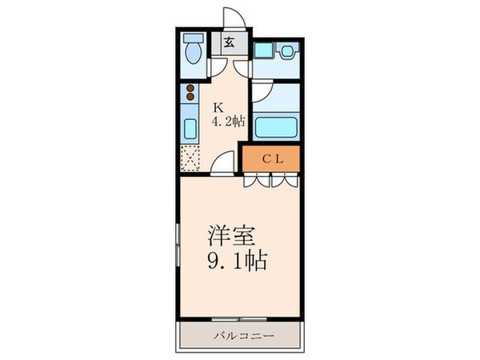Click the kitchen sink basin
pyautogui.click(x=191, y=128)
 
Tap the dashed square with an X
pyautogui.click(x=191, y=159)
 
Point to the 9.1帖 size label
pyautogui.click(x=236, y=261)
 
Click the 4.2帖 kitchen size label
pyautogui.click(x=228, y=122)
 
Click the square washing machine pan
pyautogui.click(x=263, y=52)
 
